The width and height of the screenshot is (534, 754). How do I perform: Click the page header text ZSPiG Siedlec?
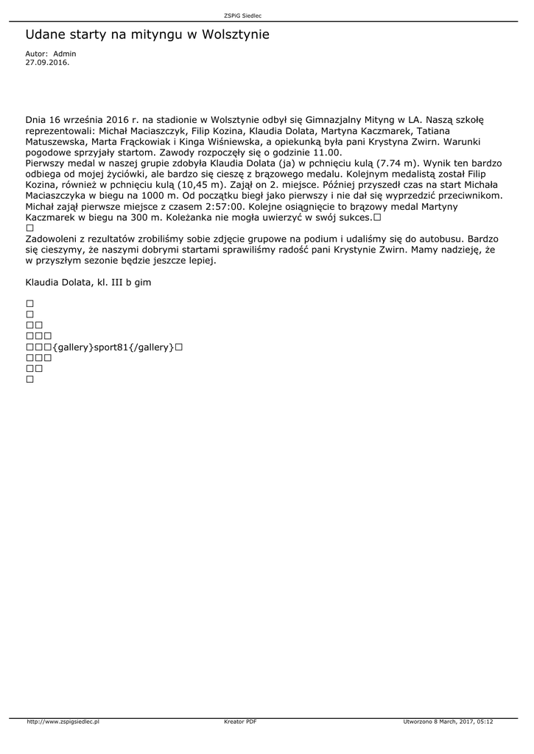click(243, 15)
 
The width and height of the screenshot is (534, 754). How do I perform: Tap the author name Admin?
click(65, 54)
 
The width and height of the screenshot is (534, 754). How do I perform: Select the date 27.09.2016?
click(47, 63)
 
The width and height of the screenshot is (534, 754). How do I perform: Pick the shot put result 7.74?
click(390, 162)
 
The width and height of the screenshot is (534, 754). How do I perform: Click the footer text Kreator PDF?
click(240, 722)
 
